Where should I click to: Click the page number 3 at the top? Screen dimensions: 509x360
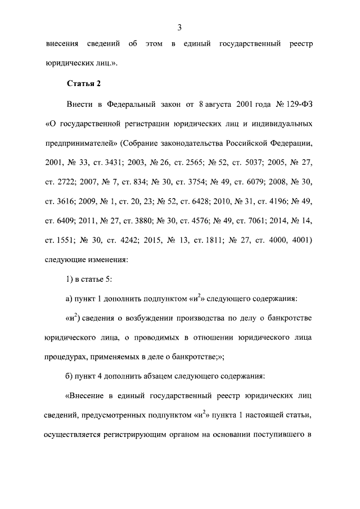tap(179, 27)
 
